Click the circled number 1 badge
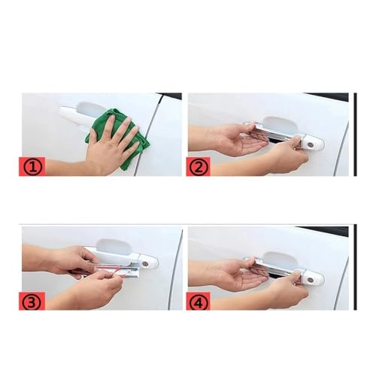(32, 166)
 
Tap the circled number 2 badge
(199, 167)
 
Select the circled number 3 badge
(32, 301)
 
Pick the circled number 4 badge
(199, 301)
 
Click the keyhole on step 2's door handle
(311, 144)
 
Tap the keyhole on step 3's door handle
(145, 264)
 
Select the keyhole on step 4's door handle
(311, 280)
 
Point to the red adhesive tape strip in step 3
(118, 272)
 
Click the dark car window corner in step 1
(171, 96)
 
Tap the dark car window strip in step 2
(326, 97)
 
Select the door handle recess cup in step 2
(280, 125)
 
